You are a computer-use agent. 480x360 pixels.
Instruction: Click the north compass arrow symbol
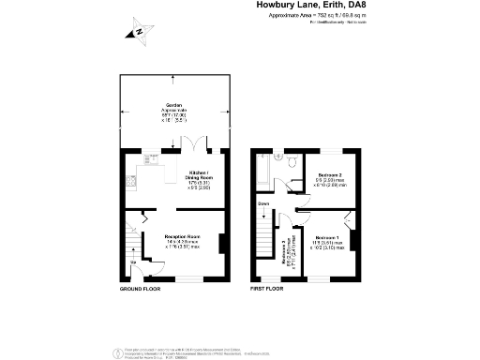pos(138,33)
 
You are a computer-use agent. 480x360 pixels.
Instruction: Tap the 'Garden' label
pos(174,105)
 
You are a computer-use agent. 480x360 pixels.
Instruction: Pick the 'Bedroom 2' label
pos(328,175)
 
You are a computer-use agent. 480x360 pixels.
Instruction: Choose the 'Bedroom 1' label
pos(328,237)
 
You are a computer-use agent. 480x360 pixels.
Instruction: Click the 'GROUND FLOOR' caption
pos(140,290)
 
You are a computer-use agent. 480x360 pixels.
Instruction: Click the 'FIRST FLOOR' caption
pos(267,290)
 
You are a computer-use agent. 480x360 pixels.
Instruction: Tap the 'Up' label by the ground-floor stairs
pos(132,263)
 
